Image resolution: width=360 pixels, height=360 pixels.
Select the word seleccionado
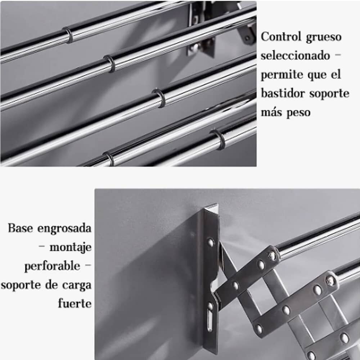click(295, 56)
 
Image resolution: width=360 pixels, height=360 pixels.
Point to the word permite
click(281, 75)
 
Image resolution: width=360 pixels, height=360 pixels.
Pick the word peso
click(298, 113)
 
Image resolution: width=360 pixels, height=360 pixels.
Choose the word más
click(271, 112)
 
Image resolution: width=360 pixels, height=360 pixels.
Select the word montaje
click(70, 247)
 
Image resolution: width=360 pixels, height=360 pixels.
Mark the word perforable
click(52, 266)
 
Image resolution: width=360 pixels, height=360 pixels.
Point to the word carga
click(76, 285)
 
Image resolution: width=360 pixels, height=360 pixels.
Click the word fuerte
click(75, 303)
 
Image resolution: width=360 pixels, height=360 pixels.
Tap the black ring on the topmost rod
click(68, 35)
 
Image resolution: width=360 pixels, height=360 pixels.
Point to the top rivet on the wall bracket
click(211, 242)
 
